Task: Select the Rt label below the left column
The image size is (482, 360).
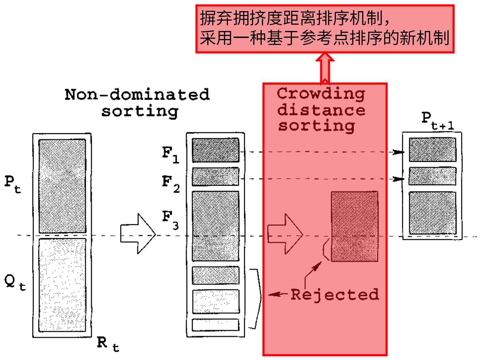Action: click(x=108, y=344)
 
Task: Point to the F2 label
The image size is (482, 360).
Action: click(x=171, y=184)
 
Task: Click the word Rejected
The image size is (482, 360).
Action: click(x=334, y=295)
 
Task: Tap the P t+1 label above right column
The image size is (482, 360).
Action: click(x=437, y=120)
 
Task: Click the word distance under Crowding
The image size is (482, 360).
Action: click(x=321, y=110)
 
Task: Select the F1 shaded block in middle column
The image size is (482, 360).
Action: click(x=215, y=150)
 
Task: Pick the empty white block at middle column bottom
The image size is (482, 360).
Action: click(x=215, y=325)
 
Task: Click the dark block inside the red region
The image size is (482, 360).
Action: click(x=354, y=226)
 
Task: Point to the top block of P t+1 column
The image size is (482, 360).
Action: click(x=432, y=149)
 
